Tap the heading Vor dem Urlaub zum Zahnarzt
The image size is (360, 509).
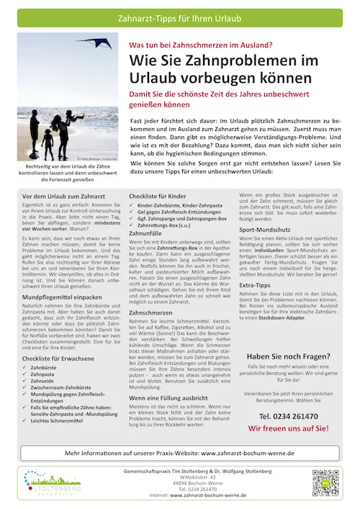(63, 196)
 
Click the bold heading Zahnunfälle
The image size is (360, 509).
(146, 234)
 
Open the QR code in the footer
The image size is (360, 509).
(325, 485)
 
